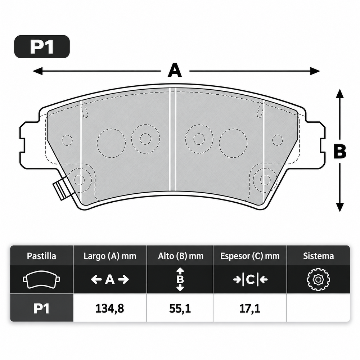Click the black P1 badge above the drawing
pos(42,46)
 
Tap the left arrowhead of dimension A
pos(37,71)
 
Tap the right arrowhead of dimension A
pos(315,71)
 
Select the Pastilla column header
pos(41,256)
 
